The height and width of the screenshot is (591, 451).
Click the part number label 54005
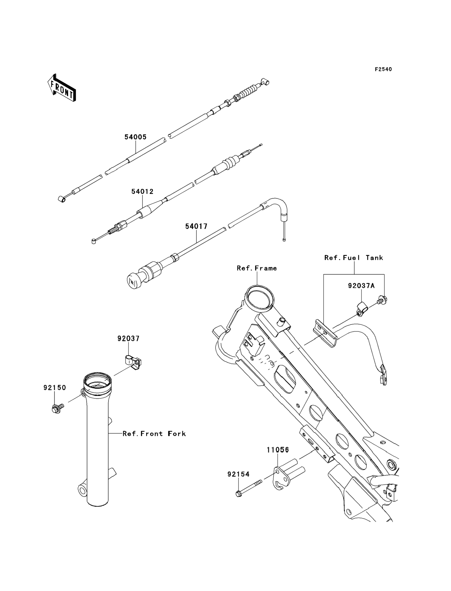pyautogui.click(x=135, y=137)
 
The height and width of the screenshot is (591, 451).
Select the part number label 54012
pyautogui.click(x=142, y=192)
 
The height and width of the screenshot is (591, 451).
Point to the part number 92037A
pyautogui.click(x=361, y=286)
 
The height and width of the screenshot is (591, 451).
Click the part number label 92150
pyautogui.click(x=54, y=388)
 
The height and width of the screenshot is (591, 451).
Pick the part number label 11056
pyautogui.click(x=278, y=450)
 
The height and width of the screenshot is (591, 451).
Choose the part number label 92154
pyautogui.click(x=238, y=474)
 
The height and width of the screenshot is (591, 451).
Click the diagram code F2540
pyautogui.click(x=383, y=69)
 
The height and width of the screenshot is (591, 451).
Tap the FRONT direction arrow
pyautogui.click(x=61, y=88)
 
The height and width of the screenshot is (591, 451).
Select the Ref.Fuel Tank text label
pyautogui.click(x=353, y=258)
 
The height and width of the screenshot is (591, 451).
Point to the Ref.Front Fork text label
pyautogui.click(x=154, y=434)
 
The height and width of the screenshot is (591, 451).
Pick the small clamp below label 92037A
pyautogui.click(x=362, y=310)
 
